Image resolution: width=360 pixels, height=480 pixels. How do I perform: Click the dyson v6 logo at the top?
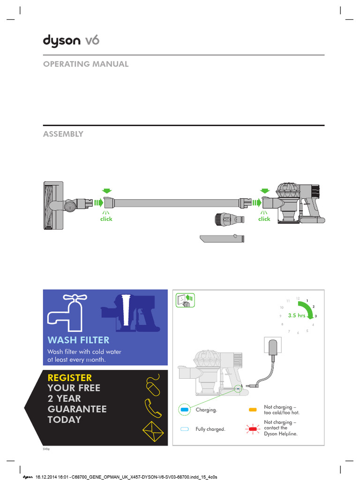tap(71, 41)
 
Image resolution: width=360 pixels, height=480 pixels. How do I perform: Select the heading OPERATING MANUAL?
tap(86, 64)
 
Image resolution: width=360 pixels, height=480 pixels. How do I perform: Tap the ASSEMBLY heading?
tap(63, 134)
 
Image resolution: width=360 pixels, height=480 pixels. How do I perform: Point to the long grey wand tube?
tap(176, 203)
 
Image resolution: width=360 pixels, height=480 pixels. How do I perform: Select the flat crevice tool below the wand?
tap(221, 238)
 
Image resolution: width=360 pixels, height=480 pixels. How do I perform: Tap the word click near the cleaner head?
tap(106, 219)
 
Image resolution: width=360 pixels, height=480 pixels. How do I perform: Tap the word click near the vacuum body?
tap(264, 219)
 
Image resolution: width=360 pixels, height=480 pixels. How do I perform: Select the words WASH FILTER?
tap(79, 340)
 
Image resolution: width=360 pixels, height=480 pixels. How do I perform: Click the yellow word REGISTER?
tap(70, 377)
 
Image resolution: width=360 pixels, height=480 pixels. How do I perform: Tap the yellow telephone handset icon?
tap(153, 407)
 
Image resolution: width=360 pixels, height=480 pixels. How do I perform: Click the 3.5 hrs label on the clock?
tap(296, 315)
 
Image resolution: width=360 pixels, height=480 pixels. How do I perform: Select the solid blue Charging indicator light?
tap(184, 410)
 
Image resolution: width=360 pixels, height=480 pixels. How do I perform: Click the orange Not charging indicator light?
tap(253, 410)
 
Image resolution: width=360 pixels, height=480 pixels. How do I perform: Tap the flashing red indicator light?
tap(253, 428)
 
